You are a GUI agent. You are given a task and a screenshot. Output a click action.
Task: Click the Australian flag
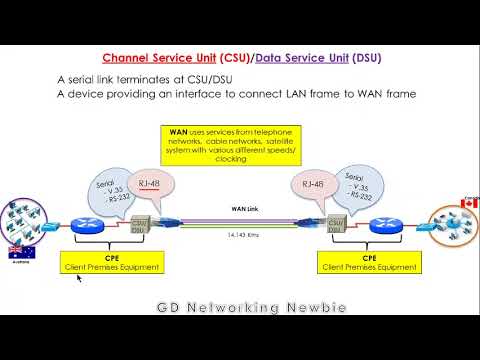coord(17,251)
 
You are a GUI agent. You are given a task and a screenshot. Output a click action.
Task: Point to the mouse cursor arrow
coord(78,279)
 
